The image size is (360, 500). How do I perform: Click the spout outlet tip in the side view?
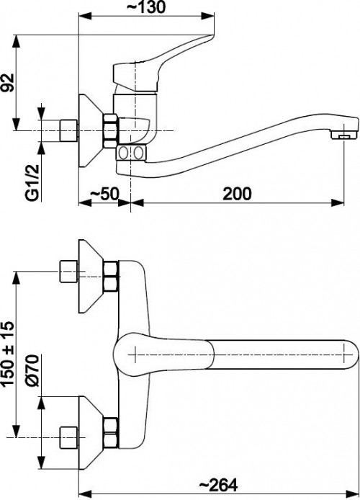(x=344, y=135)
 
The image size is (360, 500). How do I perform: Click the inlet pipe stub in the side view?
(x=69, y=130)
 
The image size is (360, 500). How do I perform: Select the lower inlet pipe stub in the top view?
(x=69, y=434)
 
